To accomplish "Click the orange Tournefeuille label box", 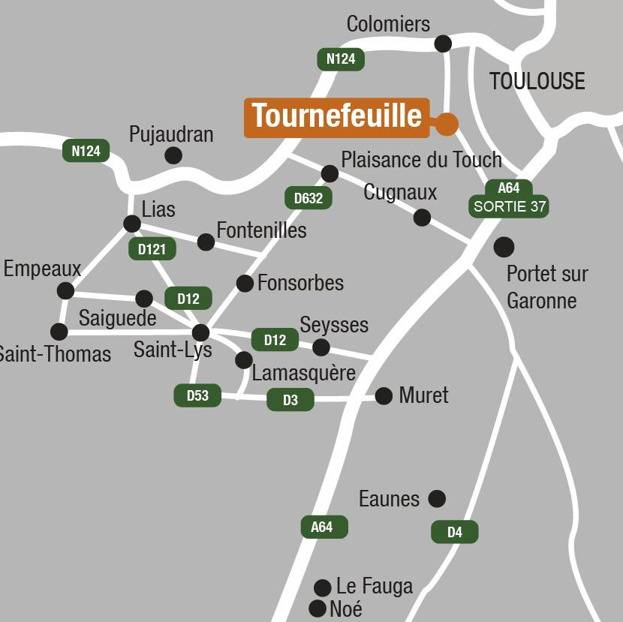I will [336, 118].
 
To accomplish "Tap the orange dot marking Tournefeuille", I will [447, 124].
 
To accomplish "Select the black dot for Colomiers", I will [444, 44].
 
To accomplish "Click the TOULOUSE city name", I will [537, 81].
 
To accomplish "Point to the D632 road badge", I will [308, 198].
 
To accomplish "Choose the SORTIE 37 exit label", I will [509, 207].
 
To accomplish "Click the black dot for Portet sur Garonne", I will [504, 246].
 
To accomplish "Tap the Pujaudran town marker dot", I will [173, 155].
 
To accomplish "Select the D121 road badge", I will [152, 249].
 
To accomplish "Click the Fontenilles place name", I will [261, 230].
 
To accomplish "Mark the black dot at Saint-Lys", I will [200, 332].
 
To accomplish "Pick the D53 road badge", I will [197, 395].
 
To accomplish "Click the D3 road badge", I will [290, 400].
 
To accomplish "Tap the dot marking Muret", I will [384, 396].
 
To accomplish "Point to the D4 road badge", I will [454, 532].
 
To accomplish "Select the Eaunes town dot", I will [437, 498].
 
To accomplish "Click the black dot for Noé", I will [318, 608].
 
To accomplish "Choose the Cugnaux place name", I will [400, 193].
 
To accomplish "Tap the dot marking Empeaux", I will [66, 290].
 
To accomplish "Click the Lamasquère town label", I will [303, 373].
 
